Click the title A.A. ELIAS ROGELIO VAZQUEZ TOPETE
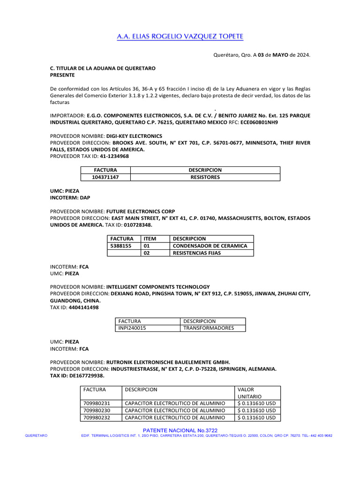point(180,37)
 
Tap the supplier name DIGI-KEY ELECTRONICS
point(134,136)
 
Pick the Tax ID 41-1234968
point(114,156)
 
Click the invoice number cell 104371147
point(105,177)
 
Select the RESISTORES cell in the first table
point(205,177)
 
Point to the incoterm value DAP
point(85,198)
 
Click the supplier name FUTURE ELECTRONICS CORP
point(141,211)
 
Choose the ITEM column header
point(150,239)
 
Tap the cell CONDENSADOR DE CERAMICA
point(210,246)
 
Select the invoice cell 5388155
point(121,246)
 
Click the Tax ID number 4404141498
point(83,307)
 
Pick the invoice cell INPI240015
point(132,328)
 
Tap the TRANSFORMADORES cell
point(208,328)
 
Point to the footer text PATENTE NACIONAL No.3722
point(180,430)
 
